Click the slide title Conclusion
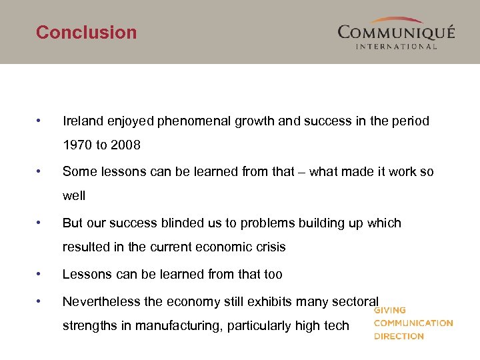(x=86, y=32)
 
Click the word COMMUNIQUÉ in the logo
(x=396, y=33)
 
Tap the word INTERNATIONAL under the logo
(x=396, y=47)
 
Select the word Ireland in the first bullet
(x=83, y=121)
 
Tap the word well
(x=74, y=196)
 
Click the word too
(x=272, y=274)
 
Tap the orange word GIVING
(x=390, y=311)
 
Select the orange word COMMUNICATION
(x=413, y=323)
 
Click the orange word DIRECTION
(x=399, y=336)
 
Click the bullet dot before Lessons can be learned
(x=41, y=274)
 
